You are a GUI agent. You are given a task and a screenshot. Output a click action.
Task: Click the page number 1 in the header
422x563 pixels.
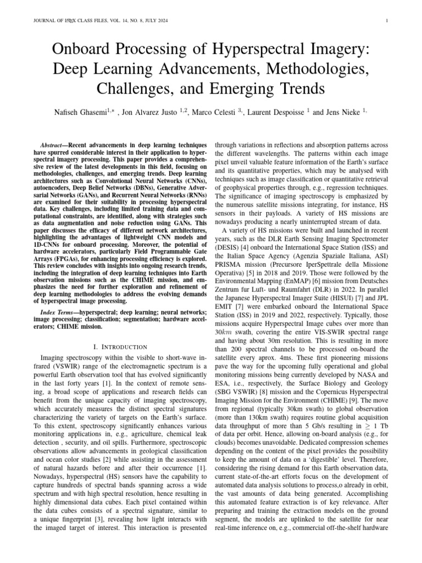[387, 21]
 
